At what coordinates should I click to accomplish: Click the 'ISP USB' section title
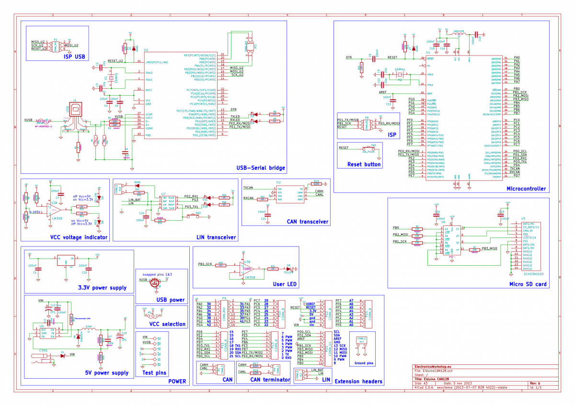[74, 56]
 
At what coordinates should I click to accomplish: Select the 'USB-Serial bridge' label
[261, 168]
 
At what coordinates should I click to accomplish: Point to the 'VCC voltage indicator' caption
[79, 237]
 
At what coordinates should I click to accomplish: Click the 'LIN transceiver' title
[216, 237]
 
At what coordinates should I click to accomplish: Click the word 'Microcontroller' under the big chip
[526, 189]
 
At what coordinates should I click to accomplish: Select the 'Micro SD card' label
[528, 284]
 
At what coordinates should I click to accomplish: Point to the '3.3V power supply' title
[103, 288]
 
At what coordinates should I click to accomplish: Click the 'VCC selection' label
[167, 324]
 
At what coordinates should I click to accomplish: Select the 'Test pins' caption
[155, 373]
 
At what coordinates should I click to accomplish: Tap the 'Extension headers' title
[358, 382]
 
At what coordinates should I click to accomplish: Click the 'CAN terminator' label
[270, 380]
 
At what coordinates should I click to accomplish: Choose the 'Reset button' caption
[364, 164]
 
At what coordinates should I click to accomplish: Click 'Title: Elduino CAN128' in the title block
[440, 379]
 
